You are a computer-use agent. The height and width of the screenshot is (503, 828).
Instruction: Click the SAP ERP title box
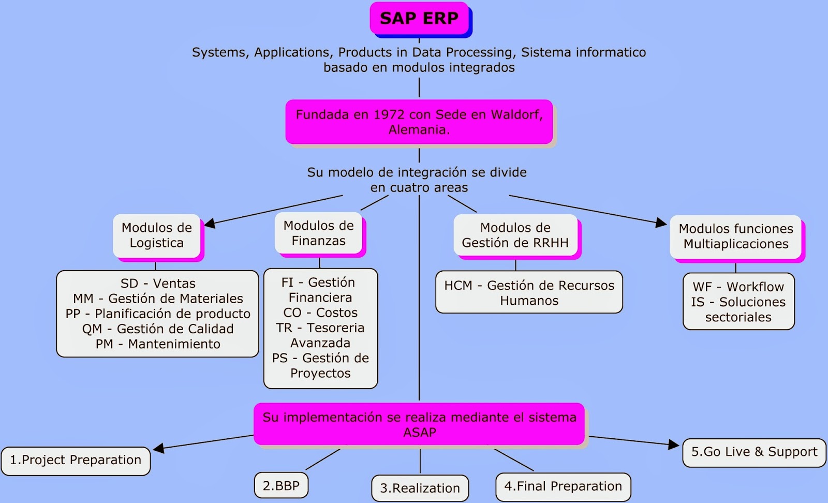[419, 19]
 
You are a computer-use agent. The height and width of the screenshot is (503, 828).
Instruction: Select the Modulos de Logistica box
[156, 235]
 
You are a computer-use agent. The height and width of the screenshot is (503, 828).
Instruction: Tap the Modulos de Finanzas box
[318, 233]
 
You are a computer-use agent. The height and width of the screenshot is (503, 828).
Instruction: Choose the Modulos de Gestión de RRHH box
[515, 235]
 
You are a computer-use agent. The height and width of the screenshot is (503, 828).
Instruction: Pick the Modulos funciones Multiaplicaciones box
[735, 236]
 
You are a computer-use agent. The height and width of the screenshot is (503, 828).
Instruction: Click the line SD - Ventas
[158, 284]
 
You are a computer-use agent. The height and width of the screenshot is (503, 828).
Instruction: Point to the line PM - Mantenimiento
[158, 344]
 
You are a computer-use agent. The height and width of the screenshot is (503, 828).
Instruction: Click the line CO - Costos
[320, 313]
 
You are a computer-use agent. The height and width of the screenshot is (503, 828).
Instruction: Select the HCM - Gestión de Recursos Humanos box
[529, 292]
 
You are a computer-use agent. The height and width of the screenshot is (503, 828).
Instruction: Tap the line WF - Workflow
[738, 287]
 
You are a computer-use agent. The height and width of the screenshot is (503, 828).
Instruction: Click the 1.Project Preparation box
[76, 460]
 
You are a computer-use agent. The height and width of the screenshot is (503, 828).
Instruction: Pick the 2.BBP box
[281, 486]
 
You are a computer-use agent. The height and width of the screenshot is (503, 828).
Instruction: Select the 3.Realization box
[420, 488]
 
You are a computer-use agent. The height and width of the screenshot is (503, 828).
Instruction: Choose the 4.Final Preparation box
[563, 486]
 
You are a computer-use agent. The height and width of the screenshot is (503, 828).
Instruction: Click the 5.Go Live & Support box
[754, 452]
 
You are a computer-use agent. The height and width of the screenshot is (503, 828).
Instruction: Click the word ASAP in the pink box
[419, 433]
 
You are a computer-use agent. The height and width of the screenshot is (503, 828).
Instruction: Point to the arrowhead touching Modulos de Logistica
[210, 224]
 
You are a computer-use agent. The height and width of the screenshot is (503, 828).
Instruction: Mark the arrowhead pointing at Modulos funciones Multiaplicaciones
[661, 223]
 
